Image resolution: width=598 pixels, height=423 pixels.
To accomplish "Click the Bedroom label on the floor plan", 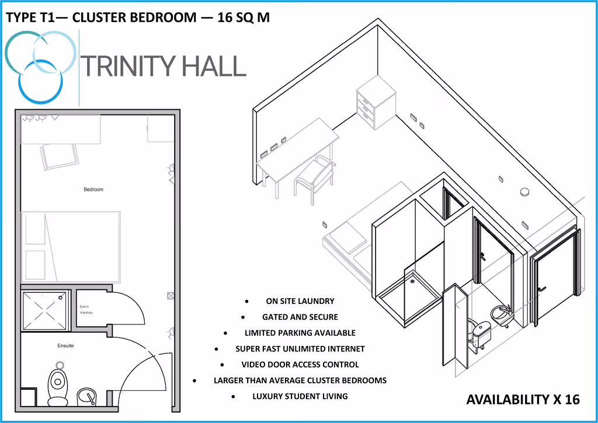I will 93,190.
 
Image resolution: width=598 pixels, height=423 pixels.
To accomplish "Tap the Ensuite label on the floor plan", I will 65,346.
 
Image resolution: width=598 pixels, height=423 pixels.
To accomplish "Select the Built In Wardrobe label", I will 86,310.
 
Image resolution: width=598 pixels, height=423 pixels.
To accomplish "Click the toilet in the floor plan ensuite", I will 57,385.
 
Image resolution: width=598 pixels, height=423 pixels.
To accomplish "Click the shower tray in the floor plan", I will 45,310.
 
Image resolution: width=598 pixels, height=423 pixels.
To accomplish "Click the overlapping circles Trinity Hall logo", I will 40,64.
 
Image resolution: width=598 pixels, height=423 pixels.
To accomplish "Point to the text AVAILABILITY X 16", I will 523,400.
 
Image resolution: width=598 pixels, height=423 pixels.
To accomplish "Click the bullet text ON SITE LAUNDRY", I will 300,301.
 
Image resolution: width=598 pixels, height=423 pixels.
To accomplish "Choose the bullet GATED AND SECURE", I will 300,317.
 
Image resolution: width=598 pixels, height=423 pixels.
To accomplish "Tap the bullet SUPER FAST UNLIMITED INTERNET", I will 300,349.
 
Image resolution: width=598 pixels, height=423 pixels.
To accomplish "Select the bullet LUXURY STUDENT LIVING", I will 300,396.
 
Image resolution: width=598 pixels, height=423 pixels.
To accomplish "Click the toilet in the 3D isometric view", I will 479,335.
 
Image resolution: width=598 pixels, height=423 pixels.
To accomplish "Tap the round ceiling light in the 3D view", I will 524,191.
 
